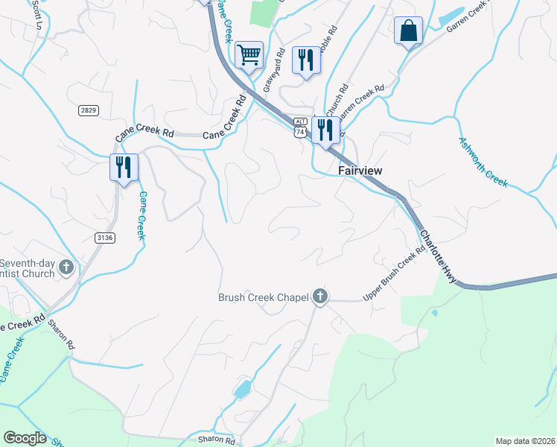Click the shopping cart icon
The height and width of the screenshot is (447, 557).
click(249, 54)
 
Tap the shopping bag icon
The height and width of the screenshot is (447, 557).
click(408, 31)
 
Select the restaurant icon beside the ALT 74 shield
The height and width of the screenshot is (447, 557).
click(325, 130)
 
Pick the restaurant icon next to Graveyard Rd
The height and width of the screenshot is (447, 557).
click(306, 60)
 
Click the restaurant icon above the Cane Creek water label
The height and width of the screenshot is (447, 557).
click(124, 166)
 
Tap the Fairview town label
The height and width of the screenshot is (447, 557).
click(360, 171)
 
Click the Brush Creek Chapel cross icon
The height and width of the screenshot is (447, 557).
click(320, 297)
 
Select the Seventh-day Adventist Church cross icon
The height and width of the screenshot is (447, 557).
click(66, 267)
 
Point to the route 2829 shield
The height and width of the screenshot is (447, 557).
click(88, 110)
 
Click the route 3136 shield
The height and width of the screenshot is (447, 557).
click(105, 238)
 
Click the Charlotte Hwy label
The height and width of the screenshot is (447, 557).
click(437, 256)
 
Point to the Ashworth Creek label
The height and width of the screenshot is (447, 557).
click(483, 162)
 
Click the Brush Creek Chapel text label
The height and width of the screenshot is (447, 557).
click(263, 298)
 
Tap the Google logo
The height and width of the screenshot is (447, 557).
click(25, 438)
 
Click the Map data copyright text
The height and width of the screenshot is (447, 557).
click(525, 441)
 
